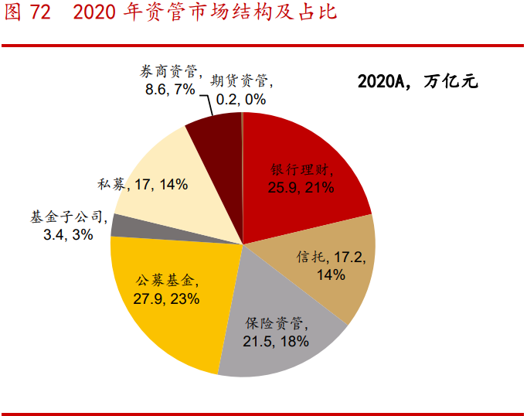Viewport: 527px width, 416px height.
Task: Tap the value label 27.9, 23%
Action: point(167,298)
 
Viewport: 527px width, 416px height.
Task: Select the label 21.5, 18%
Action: point(277,341)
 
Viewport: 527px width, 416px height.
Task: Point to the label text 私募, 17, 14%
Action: point(143,184)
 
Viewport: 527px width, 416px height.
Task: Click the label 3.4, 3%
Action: point(68,234)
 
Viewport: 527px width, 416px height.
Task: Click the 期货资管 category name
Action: point(240,80)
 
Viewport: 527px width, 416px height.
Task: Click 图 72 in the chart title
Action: point(27,14)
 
